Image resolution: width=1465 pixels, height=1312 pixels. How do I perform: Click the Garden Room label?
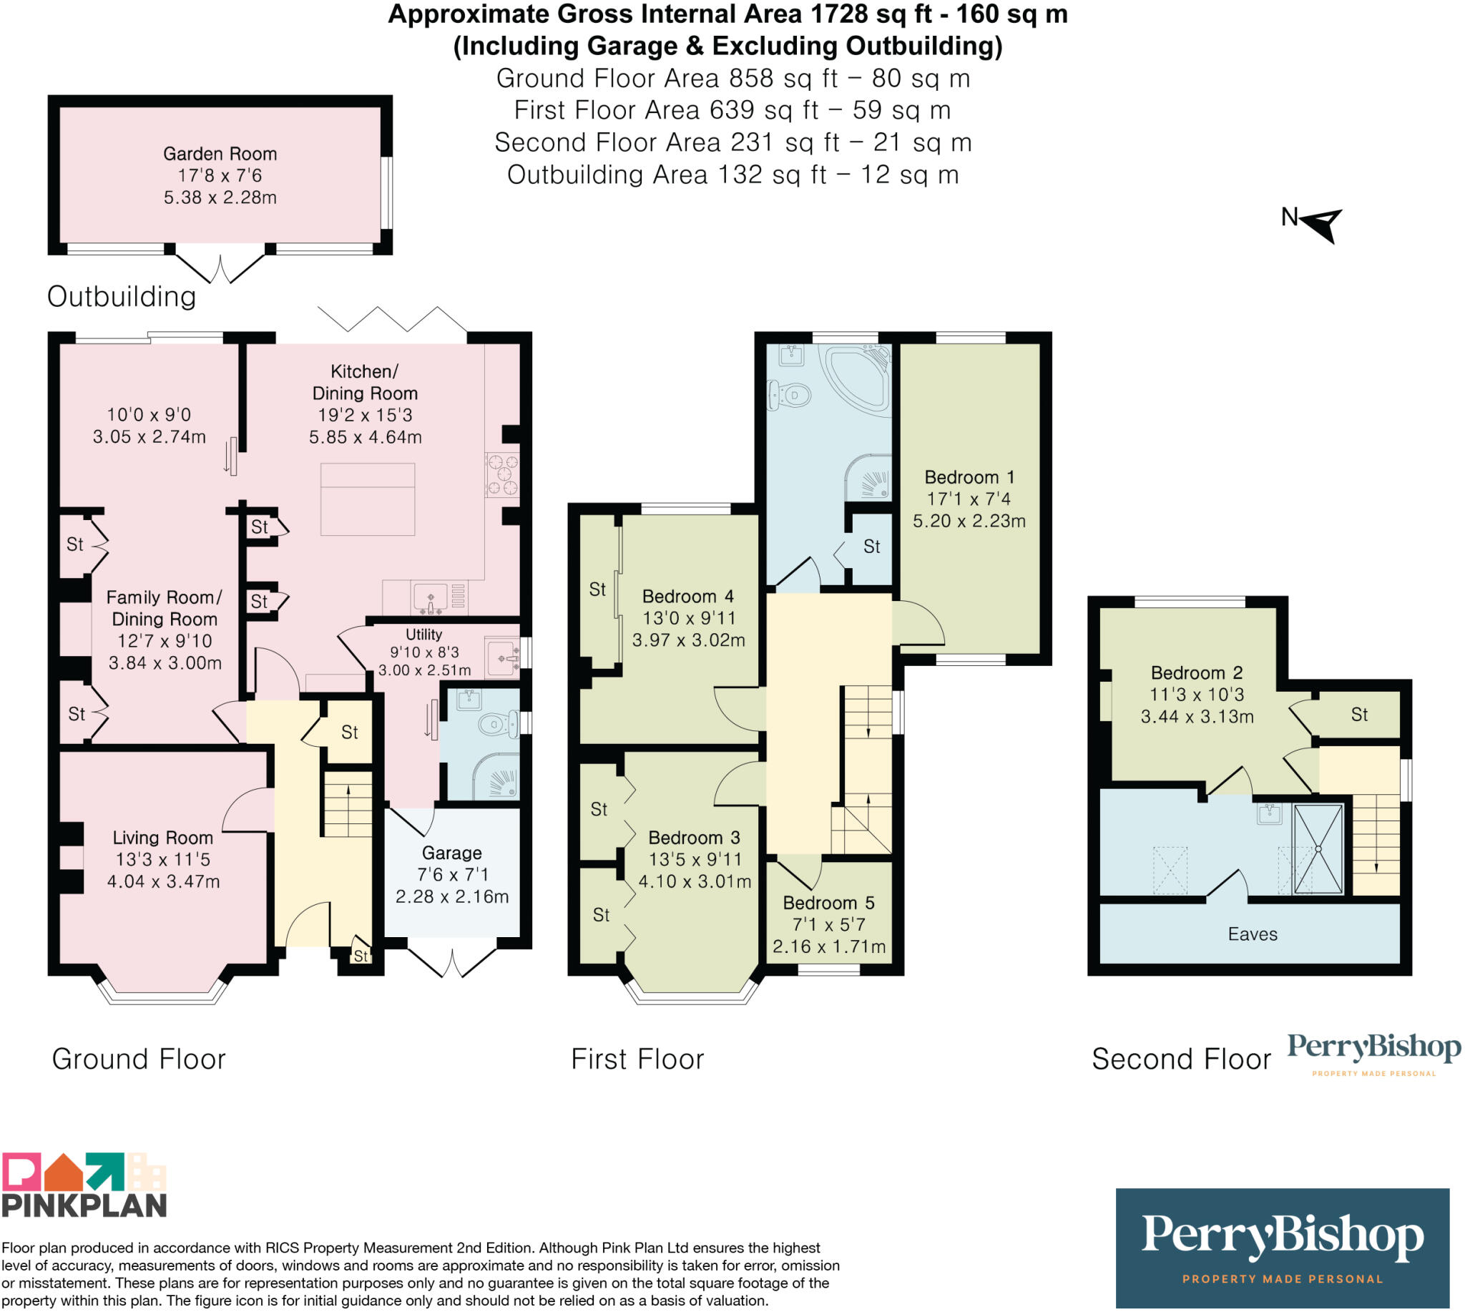click(x=220, y=154)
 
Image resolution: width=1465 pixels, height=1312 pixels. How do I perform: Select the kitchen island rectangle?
click(x=368, y=499)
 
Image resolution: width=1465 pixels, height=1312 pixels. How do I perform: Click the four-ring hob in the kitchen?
click(x=502, y=474)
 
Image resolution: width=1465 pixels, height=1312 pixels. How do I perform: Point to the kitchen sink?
click(x=431, y=597)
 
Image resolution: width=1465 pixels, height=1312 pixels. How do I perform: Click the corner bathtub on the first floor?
click(x=858, y=378)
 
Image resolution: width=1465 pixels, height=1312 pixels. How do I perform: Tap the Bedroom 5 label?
click(x=828, y=903)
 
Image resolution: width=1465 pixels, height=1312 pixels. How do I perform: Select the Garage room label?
click(x=452, y=853)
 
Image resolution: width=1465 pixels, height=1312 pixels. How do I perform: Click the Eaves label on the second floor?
click(x=1253, y=934)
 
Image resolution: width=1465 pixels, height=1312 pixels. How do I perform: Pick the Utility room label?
click(x=424, y=635)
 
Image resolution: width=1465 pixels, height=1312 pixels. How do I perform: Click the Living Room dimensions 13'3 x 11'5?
click(x=163, y=859)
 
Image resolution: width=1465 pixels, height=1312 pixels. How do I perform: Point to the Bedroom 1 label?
click(x=970, y=477)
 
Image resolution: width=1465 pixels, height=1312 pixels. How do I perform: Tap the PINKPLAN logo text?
click(x=84, y=1205)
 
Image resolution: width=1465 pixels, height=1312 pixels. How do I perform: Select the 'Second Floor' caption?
click(x=1181, y=1059)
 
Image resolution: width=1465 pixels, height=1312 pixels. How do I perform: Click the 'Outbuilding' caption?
click(x=122, y=296)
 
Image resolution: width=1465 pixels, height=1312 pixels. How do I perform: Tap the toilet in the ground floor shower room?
click(x=499, y=723)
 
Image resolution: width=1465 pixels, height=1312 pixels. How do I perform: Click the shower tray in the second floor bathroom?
click(x=1318, y=849)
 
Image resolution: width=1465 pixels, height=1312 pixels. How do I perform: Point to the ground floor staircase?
click(x=348, y=804)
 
